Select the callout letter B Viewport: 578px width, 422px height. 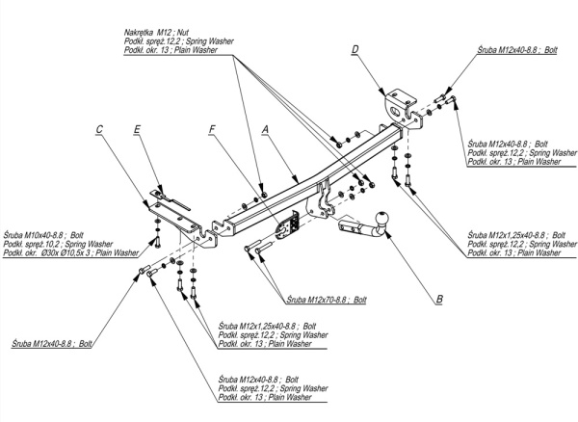point(439,300)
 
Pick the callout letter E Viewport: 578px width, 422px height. point(139,129)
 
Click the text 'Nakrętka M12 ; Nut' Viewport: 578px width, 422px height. point(158,32)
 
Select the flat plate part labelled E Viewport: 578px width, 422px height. point(171,203)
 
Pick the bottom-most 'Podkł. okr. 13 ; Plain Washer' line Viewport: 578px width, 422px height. point(265,397)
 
